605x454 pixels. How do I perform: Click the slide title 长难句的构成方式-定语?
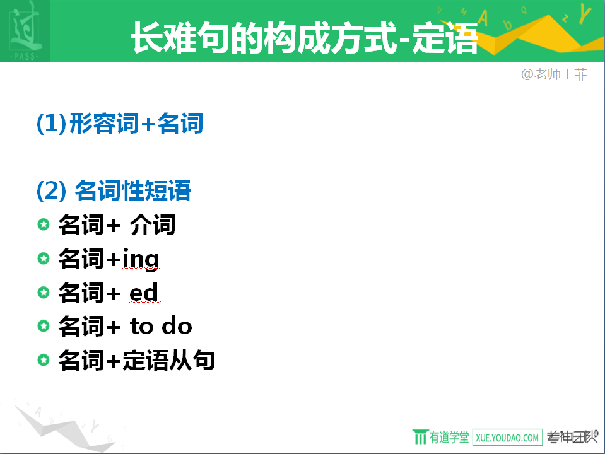(x=305, y=37)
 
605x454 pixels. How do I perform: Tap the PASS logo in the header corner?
(x=25, y=31)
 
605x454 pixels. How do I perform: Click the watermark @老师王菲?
(x=554, y=74)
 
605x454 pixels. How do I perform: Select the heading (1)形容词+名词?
(x=120, y=124)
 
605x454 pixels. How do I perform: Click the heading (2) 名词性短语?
(x=114, y=190)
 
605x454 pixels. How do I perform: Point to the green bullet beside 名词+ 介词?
(x=44, y=224)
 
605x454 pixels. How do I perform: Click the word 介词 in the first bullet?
(x=153, y=224)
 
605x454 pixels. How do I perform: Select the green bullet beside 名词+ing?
(x=44, y=258)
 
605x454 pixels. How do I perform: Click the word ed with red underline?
(x=144, y=293)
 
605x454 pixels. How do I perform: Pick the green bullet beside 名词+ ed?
(x=44, y=293)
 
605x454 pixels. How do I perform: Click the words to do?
(x=161, y=326)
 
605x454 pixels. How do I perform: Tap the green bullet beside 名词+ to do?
(x=44, y=326)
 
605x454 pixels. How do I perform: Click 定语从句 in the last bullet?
(x=168, y=360)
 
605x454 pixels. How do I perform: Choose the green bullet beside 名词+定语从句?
(x=44, y=360)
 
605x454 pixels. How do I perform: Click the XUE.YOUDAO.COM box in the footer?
(x=507, y=438)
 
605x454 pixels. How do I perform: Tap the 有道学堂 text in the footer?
(x=449, y=438)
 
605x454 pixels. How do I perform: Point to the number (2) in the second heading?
(x=51, y=190)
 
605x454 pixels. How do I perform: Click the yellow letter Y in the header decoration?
(x=585, y=13)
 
